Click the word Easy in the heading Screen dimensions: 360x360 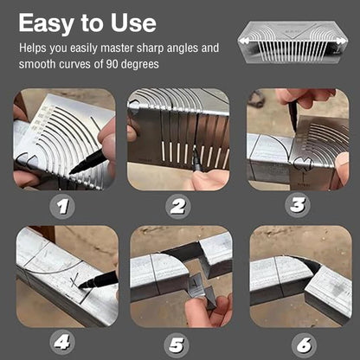(x=47, y=23)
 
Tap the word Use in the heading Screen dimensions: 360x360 (x=133, y=23)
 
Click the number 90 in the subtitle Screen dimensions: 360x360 (x=112, y=64)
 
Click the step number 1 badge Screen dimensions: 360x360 (x=62, y=207)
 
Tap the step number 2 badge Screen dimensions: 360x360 (x=178, y=207)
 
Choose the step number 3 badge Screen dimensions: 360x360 (x=298, y=205)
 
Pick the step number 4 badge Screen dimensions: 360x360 (x=62, y=343)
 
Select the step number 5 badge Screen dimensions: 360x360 (x=177, y=345)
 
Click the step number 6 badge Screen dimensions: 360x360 (x=305, y=345)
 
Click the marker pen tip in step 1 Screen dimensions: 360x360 (x=71, y=172)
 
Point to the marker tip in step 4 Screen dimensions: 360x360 (x=80, y=286)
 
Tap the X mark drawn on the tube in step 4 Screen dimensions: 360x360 (x=75, y=281)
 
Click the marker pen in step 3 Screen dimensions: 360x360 (x=292, y=118)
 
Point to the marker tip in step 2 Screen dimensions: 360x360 (x=194, y=151)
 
